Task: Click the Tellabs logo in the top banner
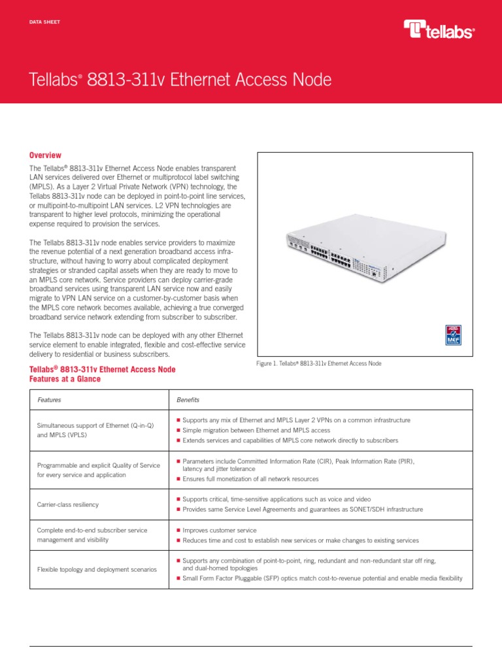click(x=439, y=29)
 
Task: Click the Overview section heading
click(x=45, y=155)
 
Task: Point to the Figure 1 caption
click(x=320, y=363)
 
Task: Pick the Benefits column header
click(x=188, y=400)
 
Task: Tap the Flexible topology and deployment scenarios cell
click(x=97, y=570)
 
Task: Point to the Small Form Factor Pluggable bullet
click(x=322, y=578)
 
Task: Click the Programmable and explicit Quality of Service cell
click(x=98, y=469)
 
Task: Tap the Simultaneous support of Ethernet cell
click(x=95, y=429)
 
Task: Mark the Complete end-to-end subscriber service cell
click(x=92, y=534)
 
